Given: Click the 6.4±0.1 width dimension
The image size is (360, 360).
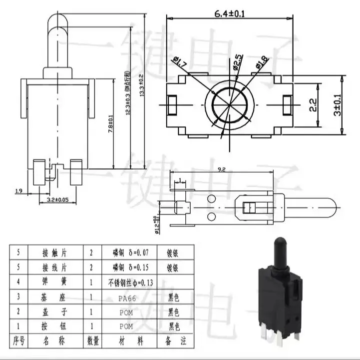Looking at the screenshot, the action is click(x=229, y=13).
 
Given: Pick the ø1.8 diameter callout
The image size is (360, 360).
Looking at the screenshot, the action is click(x=262, y=63).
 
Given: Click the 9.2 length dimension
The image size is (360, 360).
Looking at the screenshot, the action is click(x=221, y=170).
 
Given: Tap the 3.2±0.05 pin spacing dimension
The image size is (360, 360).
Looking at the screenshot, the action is click(x=57, y=200).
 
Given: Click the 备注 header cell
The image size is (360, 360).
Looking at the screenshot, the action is click(x=178, y=341).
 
